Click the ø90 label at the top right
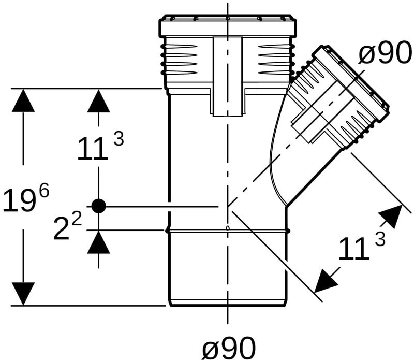(385, 53)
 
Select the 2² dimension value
(68, 226)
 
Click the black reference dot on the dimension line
(99, 206)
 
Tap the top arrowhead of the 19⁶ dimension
(23, 100)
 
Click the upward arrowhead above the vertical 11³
(98, 101)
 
